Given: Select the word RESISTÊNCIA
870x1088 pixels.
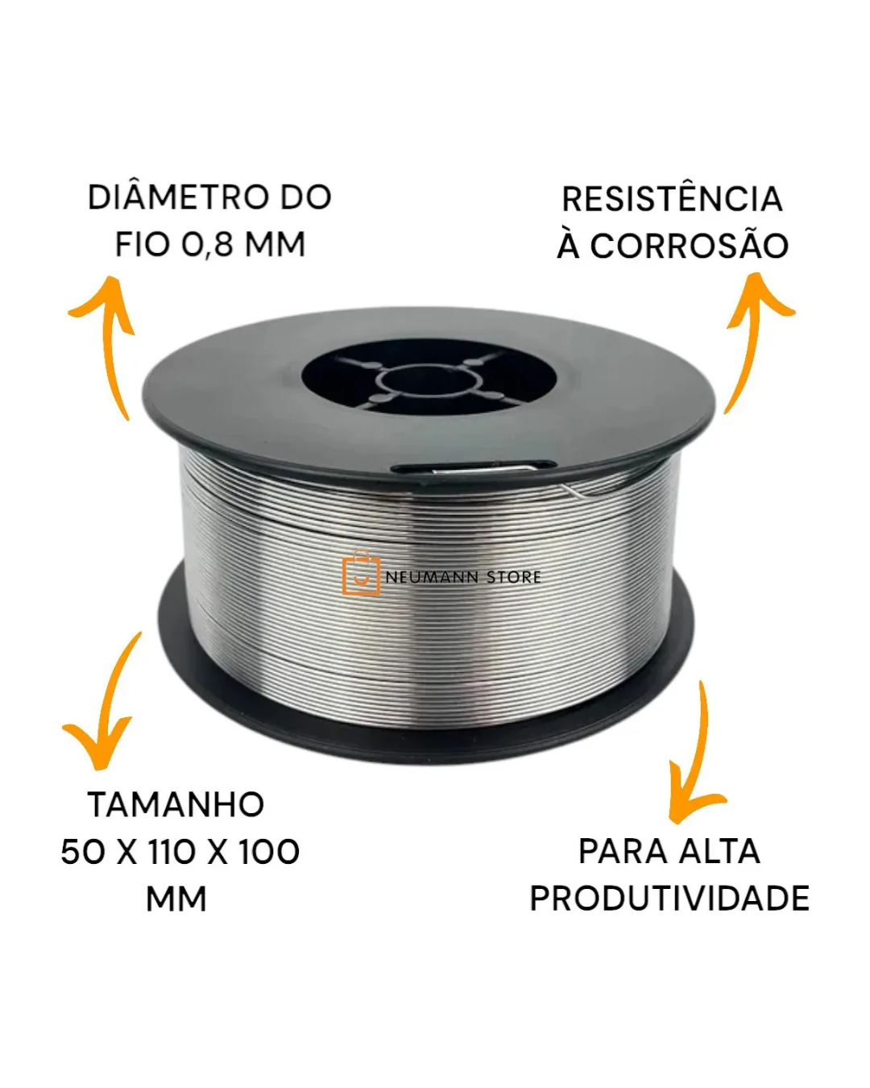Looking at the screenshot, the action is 673,199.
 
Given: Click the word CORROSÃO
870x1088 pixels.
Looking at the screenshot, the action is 689,247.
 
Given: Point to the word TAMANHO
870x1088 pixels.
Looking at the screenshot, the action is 176,804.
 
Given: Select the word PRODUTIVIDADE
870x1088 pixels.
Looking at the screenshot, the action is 669,899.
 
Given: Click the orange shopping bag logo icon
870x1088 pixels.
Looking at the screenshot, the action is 360,573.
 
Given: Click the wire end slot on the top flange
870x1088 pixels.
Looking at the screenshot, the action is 474,468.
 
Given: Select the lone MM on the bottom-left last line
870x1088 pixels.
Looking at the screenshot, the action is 176,899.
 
